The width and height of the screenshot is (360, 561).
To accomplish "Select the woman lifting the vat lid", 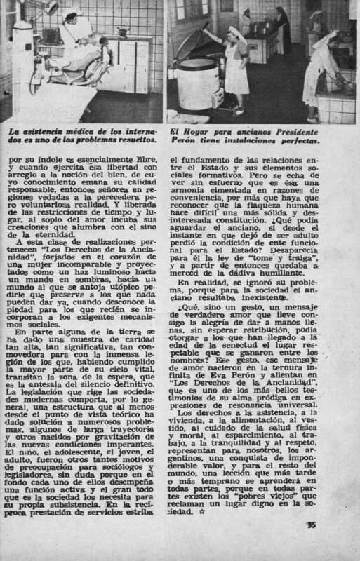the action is click(236, 63).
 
